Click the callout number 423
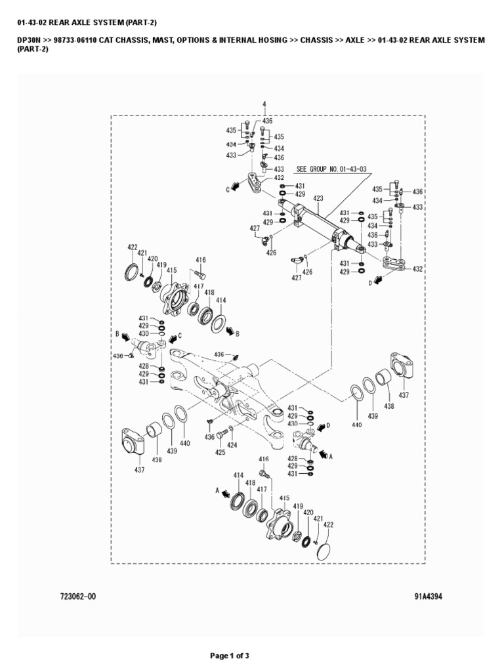pyautogui.click(x=318, y=198)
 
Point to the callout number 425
pyautogui.click(x=220, y=451)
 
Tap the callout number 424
pyautogui.click(x=232, y=445)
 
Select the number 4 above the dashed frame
pyautogui.click(x=264, y=104)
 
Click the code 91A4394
pyautogui.click(x=427, y=596)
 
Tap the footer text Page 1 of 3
pyautogui.click(x=229, y=656)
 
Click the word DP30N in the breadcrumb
pyautogui.click(x=28, y=40)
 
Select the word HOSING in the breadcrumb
pyautogui.click(x=268, y=40)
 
